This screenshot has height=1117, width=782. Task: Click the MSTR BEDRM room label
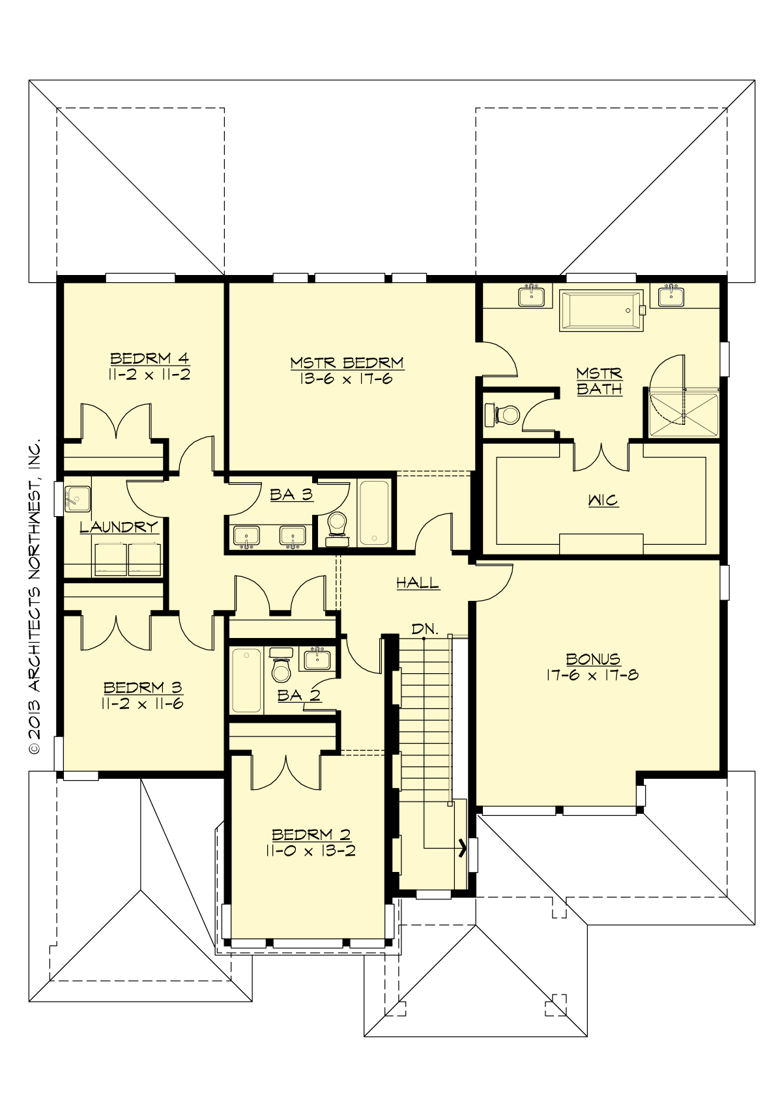point(347,362)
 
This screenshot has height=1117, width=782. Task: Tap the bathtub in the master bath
point(600,311)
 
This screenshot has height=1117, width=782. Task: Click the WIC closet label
point(603,500)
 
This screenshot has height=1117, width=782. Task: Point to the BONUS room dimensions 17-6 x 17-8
point(592,675)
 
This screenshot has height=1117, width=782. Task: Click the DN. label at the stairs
point(424,629)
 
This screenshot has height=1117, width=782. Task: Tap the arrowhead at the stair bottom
point(463,848)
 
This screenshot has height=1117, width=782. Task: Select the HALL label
point(418,583)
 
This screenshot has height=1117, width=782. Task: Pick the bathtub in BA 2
point(246,680)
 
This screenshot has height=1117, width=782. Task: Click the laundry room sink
point(78,499)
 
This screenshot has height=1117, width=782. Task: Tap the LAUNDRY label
point(119,527)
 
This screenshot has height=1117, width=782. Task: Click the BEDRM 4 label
point(149,358)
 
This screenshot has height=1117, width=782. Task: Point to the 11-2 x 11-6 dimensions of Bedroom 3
point(142,704)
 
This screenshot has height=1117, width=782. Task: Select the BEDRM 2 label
point(311,834)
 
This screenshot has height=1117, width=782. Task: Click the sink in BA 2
point(317,660)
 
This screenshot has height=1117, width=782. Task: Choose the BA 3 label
point(291,495)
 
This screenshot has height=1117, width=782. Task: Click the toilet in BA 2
point(282,666)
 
